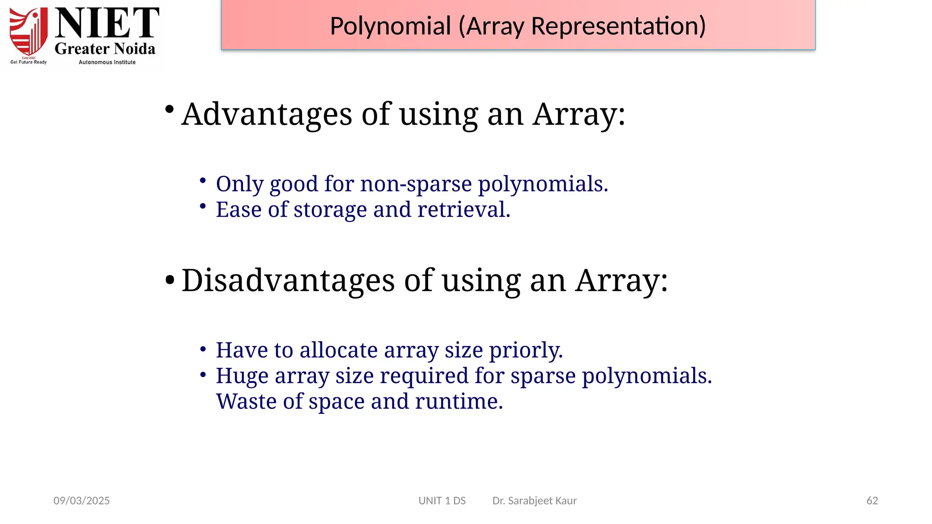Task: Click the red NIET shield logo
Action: [x=29, y=32]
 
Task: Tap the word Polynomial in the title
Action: [x=390, y=26]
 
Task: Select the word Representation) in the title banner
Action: [x=618, y=26]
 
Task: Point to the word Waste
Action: [x=246, y=402]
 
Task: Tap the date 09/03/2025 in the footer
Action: [x=82, y=501]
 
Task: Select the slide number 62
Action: [x=872, y=501]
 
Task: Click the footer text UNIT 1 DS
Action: [x=442, y=501]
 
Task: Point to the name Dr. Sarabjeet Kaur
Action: [x=534, y=501]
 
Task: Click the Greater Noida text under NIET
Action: [x=105, y=49]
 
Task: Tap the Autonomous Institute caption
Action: [x=107, y=62]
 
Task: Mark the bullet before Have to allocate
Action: [x=203, y=349]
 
